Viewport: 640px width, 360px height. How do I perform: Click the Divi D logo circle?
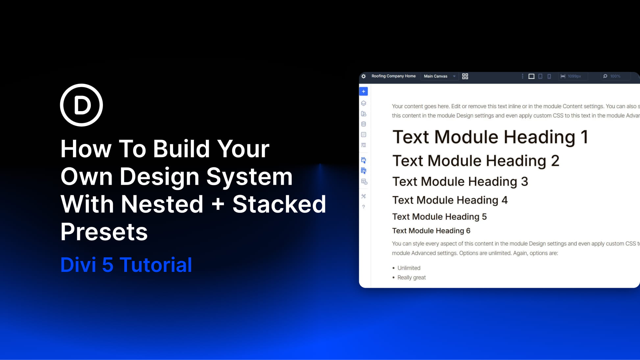[81, 105]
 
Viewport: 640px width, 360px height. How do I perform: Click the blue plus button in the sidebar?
[363, 91]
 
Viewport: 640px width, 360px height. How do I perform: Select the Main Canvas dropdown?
[439, 76]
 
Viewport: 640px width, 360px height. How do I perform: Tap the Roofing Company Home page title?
[393, 76]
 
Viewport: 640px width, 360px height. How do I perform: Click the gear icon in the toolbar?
[363, 76]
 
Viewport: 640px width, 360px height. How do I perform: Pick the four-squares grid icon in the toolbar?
[465, 76]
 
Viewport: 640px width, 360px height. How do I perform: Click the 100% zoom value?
[615, 76]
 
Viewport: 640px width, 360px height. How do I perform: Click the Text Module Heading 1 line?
[490, 137]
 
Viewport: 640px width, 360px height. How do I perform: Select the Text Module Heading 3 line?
[460, 181]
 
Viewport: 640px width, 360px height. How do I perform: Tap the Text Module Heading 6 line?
[431, 231]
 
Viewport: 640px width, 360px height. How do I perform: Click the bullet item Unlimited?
[409, 268]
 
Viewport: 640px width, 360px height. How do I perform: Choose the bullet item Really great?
[411, 277]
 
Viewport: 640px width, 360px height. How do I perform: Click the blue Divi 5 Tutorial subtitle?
[126, 265]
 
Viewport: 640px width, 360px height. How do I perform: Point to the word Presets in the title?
[104, 232]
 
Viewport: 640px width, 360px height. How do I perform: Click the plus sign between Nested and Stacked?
[218, 204]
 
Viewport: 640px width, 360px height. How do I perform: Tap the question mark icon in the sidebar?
[363, 207]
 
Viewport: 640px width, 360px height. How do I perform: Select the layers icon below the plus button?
[363, 103]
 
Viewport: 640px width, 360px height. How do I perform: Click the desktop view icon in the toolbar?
[531, 76]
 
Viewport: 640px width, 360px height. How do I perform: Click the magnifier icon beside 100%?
[605, 76]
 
